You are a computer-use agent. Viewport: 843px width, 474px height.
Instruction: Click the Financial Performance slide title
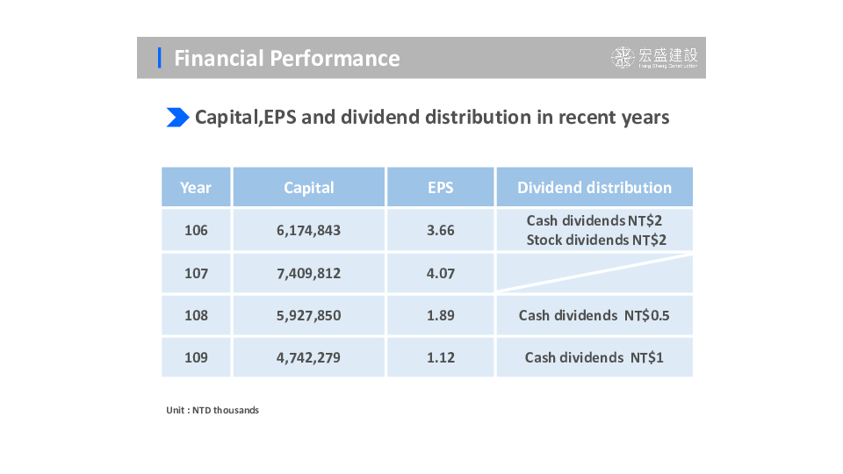point(286,58)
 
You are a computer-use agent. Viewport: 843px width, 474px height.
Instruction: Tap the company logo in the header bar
point(655,58)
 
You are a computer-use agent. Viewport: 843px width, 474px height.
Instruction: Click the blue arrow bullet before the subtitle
point(177,117)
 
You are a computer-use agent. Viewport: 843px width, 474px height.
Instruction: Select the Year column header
point(196,188)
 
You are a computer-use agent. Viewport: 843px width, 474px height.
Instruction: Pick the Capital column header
point(309,188)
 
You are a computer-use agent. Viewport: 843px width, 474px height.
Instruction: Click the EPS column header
point(441,188)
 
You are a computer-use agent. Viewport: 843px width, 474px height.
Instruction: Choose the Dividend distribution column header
point(594,188)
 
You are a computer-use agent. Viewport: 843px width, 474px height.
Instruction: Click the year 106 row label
point(196,231)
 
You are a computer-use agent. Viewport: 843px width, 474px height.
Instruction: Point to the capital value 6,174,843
point(308,231)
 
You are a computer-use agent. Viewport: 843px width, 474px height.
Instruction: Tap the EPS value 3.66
point(441,231)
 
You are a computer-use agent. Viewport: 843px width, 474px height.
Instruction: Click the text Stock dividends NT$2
point(596,241)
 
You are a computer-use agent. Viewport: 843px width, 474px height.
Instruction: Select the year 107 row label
point(196,273)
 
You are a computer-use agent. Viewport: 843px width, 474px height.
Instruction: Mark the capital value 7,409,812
point(308,273)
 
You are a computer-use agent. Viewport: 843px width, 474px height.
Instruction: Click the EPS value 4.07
point(441,273)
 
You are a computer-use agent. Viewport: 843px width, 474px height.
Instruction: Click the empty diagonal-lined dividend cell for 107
point(594,273)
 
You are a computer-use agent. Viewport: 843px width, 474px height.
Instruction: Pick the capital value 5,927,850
point(308,315)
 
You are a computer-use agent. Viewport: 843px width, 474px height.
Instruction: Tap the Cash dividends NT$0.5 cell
point(594,315)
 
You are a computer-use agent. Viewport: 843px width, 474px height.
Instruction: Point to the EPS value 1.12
point(441,357)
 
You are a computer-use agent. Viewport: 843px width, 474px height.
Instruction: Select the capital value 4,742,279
point(308,357)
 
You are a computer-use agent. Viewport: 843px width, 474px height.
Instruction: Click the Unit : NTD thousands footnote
point(213,410)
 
